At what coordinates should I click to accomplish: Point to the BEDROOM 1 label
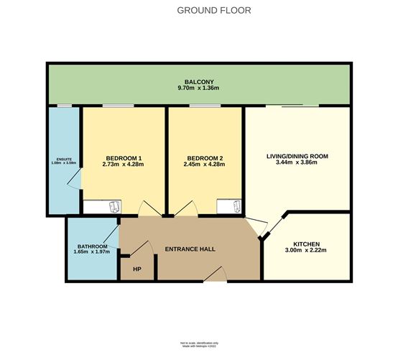click(124, 157)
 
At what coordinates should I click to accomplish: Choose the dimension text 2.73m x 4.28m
click(124, 165)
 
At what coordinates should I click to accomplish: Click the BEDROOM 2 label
click(205, 157)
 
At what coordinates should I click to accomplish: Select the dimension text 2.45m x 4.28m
click(205, 165)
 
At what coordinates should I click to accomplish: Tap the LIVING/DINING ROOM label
click(297, 155)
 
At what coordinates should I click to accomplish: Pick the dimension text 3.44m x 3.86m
click(297, 163)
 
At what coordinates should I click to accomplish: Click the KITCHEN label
click(306, 244)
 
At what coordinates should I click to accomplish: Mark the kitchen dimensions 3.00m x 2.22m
click(306, 251)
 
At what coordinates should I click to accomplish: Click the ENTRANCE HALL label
click(190, 249)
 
